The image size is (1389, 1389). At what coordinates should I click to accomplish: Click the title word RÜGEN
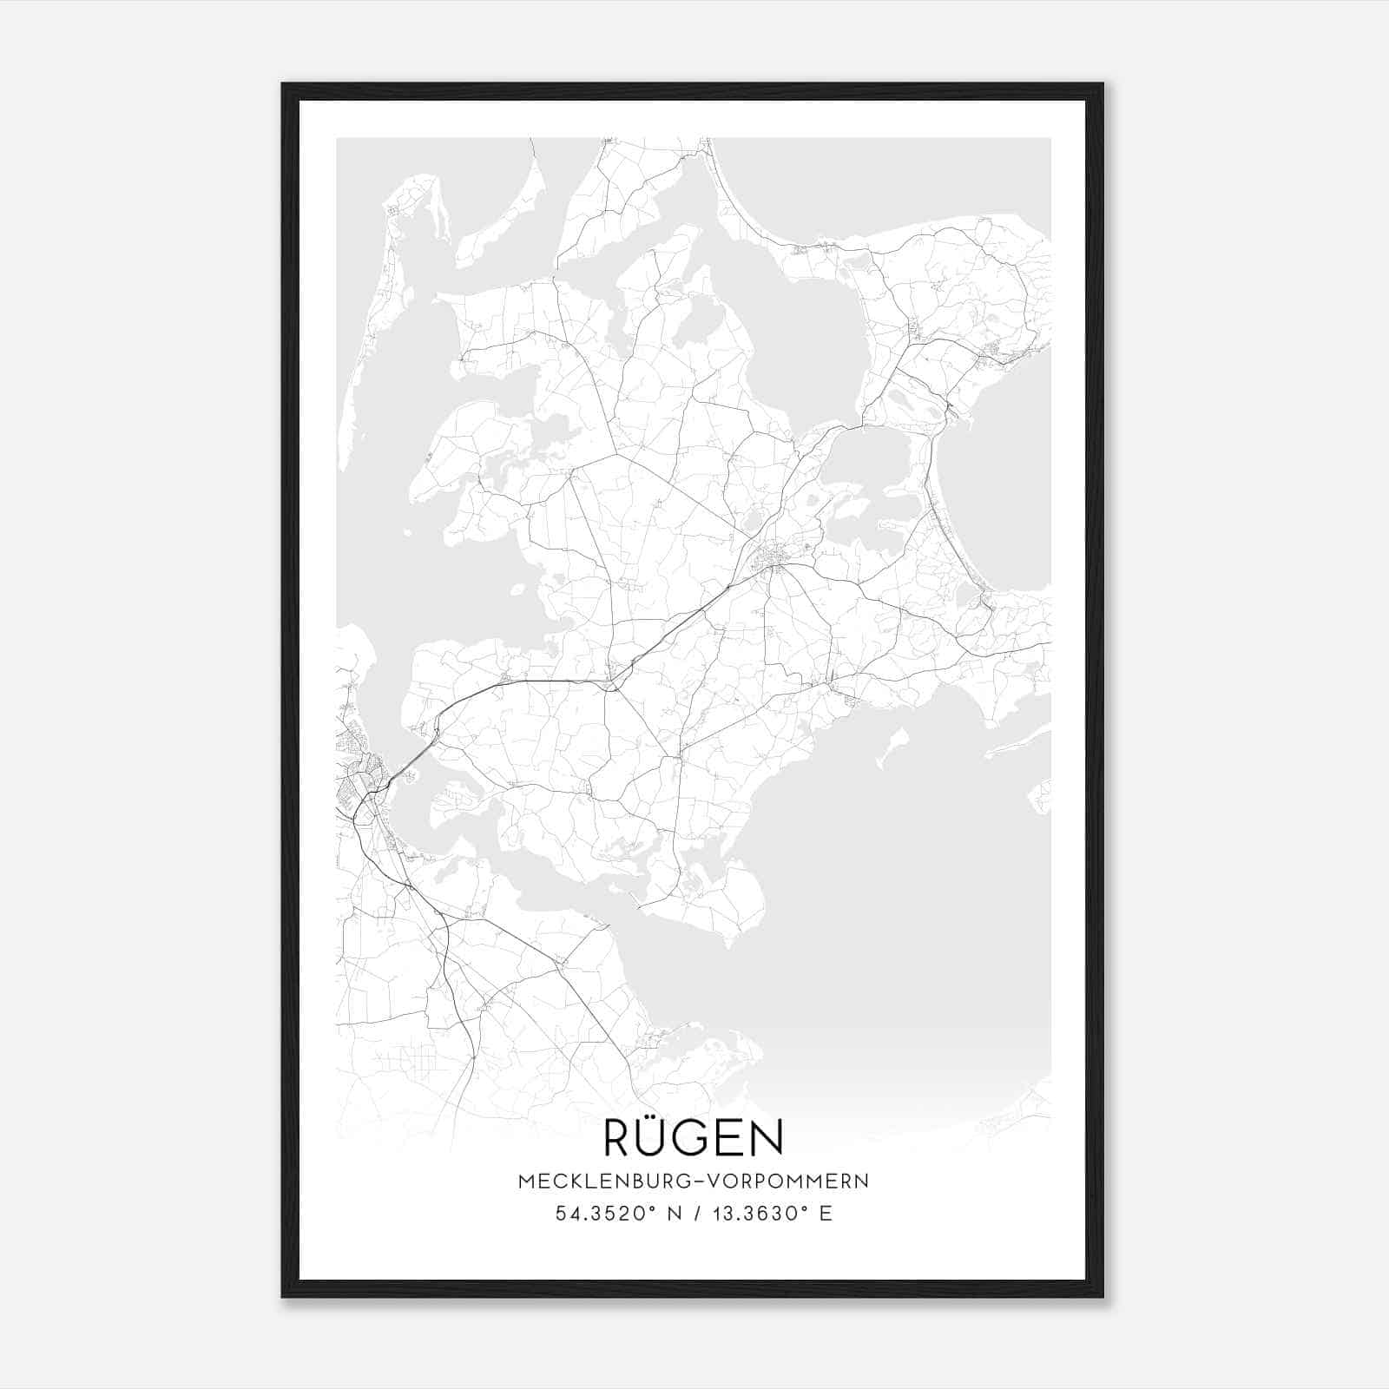(693, 1138)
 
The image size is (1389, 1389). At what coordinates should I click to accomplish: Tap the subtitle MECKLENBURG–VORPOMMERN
(693, 1181)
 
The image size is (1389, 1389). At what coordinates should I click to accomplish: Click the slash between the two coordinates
(693, 1214)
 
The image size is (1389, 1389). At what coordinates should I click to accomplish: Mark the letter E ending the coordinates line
(826, 1214)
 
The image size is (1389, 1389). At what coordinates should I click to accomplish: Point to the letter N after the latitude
(668, 1214)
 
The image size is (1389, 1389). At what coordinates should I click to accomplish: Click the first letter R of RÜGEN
(618, 1139)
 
